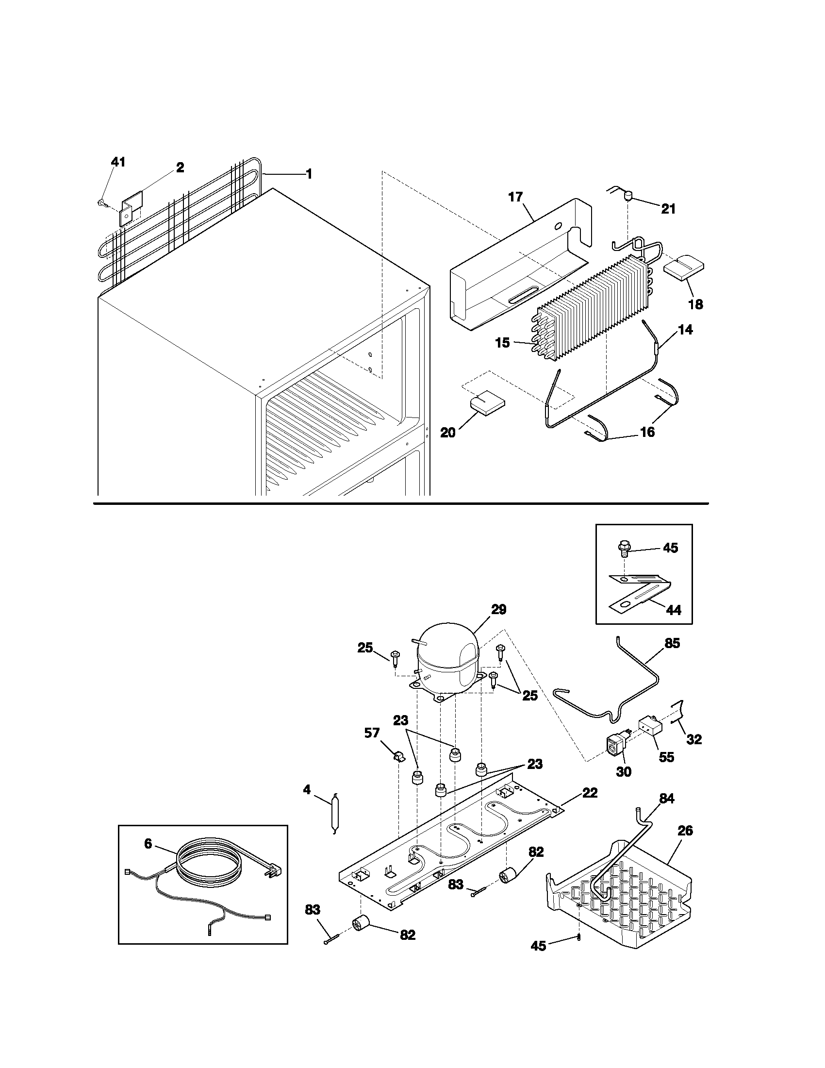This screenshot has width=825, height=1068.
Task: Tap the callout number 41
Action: click(x=118, y=162)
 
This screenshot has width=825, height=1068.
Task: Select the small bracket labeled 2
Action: click(x=131, y=208)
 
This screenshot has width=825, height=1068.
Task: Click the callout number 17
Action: click(x=515, y=197)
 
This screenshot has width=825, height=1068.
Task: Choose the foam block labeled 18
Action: click(x=683, y=267)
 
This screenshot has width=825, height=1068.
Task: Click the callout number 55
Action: click(x=666, y=757)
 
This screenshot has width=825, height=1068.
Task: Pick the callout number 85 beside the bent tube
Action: click(x=673, y=644)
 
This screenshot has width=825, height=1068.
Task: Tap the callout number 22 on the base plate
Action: click(x=590, y=793)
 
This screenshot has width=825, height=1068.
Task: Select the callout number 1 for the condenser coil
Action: click(x=309, y=174)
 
